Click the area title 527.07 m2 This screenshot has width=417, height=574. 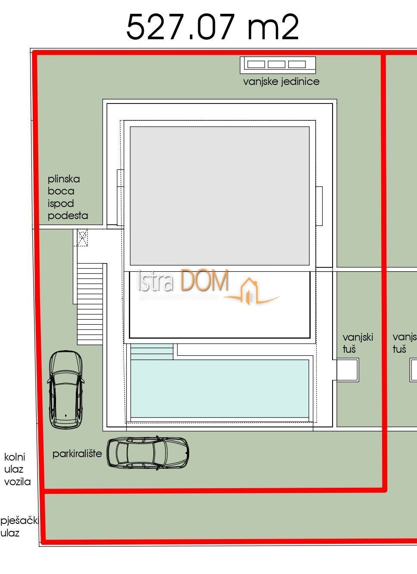tap(212, 27)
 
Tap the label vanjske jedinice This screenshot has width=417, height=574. tap(281, 82)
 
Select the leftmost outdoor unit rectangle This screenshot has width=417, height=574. tap(256, 64)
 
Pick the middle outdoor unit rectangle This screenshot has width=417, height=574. tap(277, 64)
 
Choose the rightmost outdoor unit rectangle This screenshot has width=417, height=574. tap(297, 64)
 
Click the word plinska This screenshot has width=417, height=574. tap(64, 179)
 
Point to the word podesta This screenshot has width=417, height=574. tap(68, 216)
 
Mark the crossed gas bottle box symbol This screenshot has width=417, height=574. tap(82, 237)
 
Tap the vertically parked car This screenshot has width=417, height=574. tap(66, 389)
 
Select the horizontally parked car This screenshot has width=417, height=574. tap(148, 453)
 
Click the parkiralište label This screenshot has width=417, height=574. tap(77, 454)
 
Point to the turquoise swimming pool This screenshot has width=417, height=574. tap(220, 389)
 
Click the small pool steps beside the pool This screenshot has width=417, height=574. tap(151, 351)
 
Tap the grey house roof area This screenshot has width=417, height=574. tap(220, 195)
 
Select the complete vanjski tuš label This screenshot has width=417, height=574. tap(358, 343)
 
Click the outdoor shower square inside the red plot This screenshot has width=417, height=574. tap(347, 370)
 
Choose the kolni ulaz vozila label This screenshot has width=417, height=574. tap(17, 469)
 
